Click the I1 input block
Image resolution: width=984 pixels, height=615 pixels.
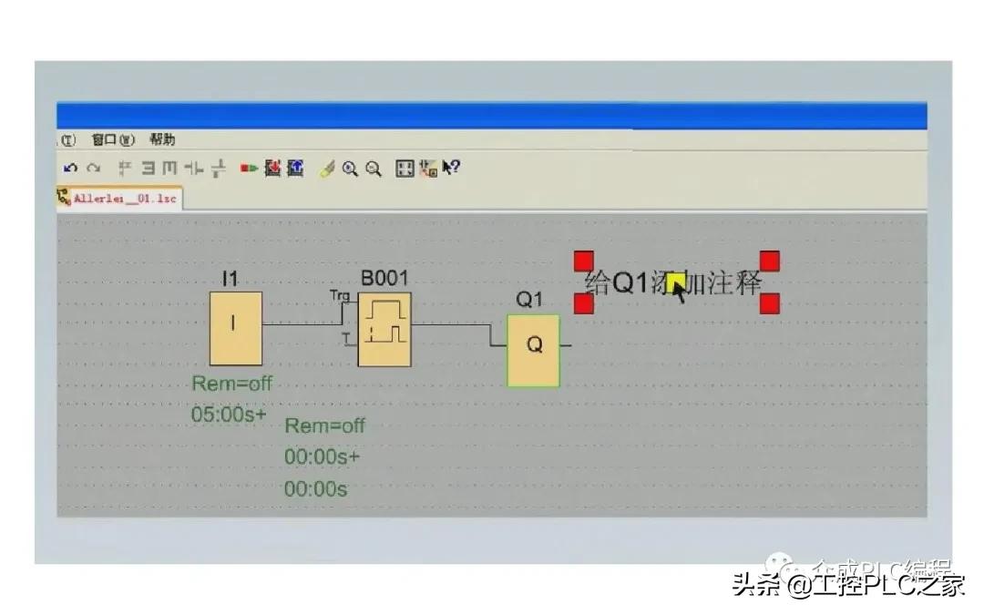(236, 328)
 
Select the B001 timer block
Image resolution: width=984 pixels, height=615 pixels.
(384, 330)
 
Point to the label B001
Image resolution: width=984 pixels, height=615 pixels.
(384, 278)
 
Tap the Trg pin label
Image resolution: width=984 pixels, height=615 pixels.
(339, 295)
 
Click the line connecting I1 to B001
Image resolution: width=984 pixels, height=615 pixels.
(301, 323)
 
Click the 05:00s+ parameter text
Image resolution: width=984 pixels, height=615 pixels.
(229, 414)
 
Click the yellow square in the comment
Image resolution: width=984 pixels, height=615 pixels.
(675, 283)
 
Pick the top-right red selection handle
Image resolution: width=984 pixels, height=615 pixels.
(769, 261)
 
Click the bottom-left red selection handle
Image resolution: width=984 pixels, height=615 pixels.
(584, 303)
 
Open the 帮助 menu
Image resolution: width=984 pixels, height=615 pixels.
(162, 140)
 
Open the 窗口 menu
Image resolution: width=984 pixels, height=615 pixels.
(113, 140)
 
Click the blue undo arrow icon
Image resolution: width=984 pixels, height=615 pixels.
(71, 169)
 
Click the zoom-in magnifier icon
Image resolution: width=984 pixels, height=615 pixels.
(350, 169)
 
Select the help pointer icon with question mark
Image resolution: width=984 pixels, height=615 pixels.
(451, 169)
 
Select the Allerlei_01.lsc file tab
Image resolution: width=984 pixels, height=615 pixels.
(118, 198)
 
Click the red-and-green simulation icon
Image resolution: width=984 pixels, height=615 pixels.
(248, 169)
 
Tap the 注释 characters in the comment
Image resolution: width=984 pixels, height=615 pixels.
(734, 282)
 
